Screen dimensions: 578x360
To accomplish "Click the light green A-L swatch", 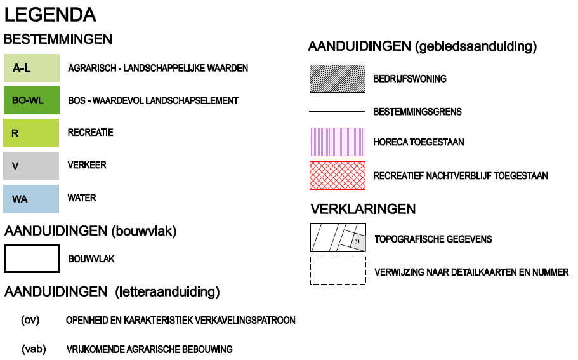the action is pos(32,68).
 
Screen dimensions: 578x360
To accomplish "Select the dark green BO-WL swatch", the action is pos(32,100).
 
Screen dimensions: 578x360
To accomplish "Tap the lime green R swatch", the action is pos(31,133).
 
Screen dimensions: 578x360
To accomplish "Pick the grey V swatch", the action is pos(31,166).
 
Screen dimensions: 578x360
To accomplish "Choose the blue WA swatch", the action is pos(31,199).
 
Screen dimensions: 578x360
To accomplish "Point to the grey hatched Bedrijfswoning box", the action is pos(338,79).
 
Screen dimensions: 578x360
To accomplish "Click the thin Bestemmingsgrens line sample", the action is pos(337,111).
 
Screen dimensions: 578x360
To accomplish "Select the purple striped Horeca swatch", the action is pos(338,142).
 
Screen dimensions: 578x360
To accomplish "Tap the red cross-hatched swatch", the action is pos(338,176).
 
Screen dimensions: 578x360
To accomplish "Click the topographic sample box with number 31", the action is pos(338,237).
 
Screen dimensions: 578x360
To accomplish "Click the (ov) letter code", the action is pos(30,320).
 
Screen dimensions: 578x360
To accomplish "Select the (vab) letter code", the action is pos(34,349).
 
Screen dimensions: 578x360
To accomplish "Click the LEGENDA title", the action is pos(50,15).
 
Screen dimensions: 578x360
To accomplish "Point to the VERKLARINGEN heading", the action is pos(363,209).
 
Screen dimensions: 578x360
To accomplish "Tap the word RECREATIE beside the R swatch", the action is pos(90,133).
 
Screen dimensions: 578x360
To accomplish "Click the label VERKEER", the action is pos(87,165).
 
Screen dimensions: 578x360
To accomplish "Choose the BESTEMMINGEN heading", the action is pos(58,39).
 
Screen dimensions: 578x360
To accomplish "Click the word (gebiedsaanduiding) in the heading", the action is pos(476,46).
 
